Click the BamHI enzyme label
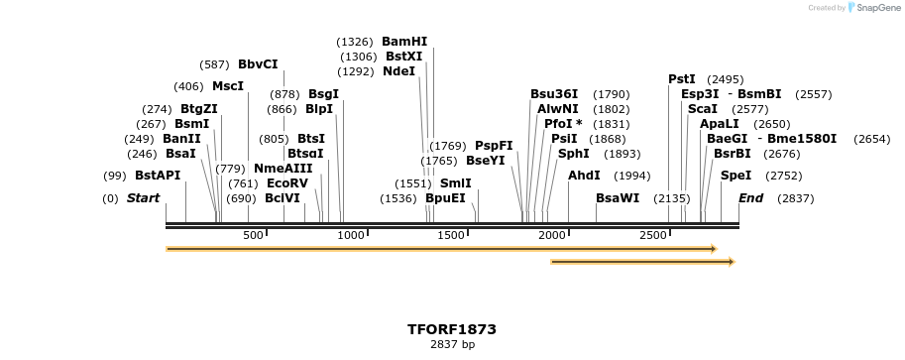pyautogui.click(x=404, y=42)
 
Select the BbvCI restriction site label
pyautogui.click(x=258, y=64)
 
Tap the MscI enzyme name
pyautogui.click(x=228, y=86)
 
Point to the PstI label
pyautogui.click(x=682, y=79)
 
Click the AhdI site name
pyautogui.click(x=584, y=176)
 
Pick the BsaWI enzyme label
pyautogui.click(x=618, y=198)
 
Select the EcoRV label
pyautogui.click(x=287, y=183)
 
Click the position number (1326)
pyautogui.click(x=355, y=42)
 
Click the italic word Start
pyautogui.click(x=143, y=198)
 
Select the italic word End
pyautogui.click(x=750, y=198)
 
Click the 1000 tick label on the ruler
pyautogui.click(x=353, y=235)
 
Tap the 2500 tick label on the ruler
pyautogui.click(x=653, y=235)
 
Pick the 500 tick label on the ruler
pyautogui.click(x=253, y=235)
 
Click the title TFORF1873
pyautogui.click(x=452, y=328)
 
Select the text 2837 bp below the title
pyautogui.click(x=452, y=345)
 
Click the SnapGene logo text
pyautogui.click(x=877, y=8)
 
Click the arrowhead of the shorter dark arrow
pyautogui.click(x=732, y=262)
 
